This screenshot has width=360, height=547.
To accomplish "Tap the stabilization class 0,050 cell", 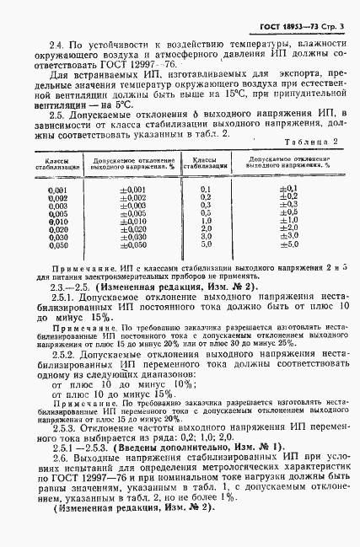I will point(58,244).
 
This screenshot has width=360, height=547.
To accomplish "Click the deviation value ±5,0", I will point(287,244).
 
